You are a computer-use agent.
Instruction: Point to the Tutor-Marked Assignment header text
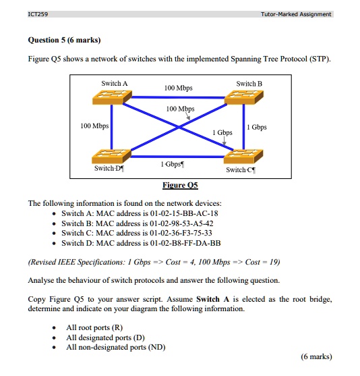(297, 13)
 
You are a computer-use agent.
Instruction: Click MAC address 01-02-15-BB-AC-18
(183, 213)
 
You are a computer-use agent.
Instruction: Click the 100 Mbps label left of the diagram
(94, 126)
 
